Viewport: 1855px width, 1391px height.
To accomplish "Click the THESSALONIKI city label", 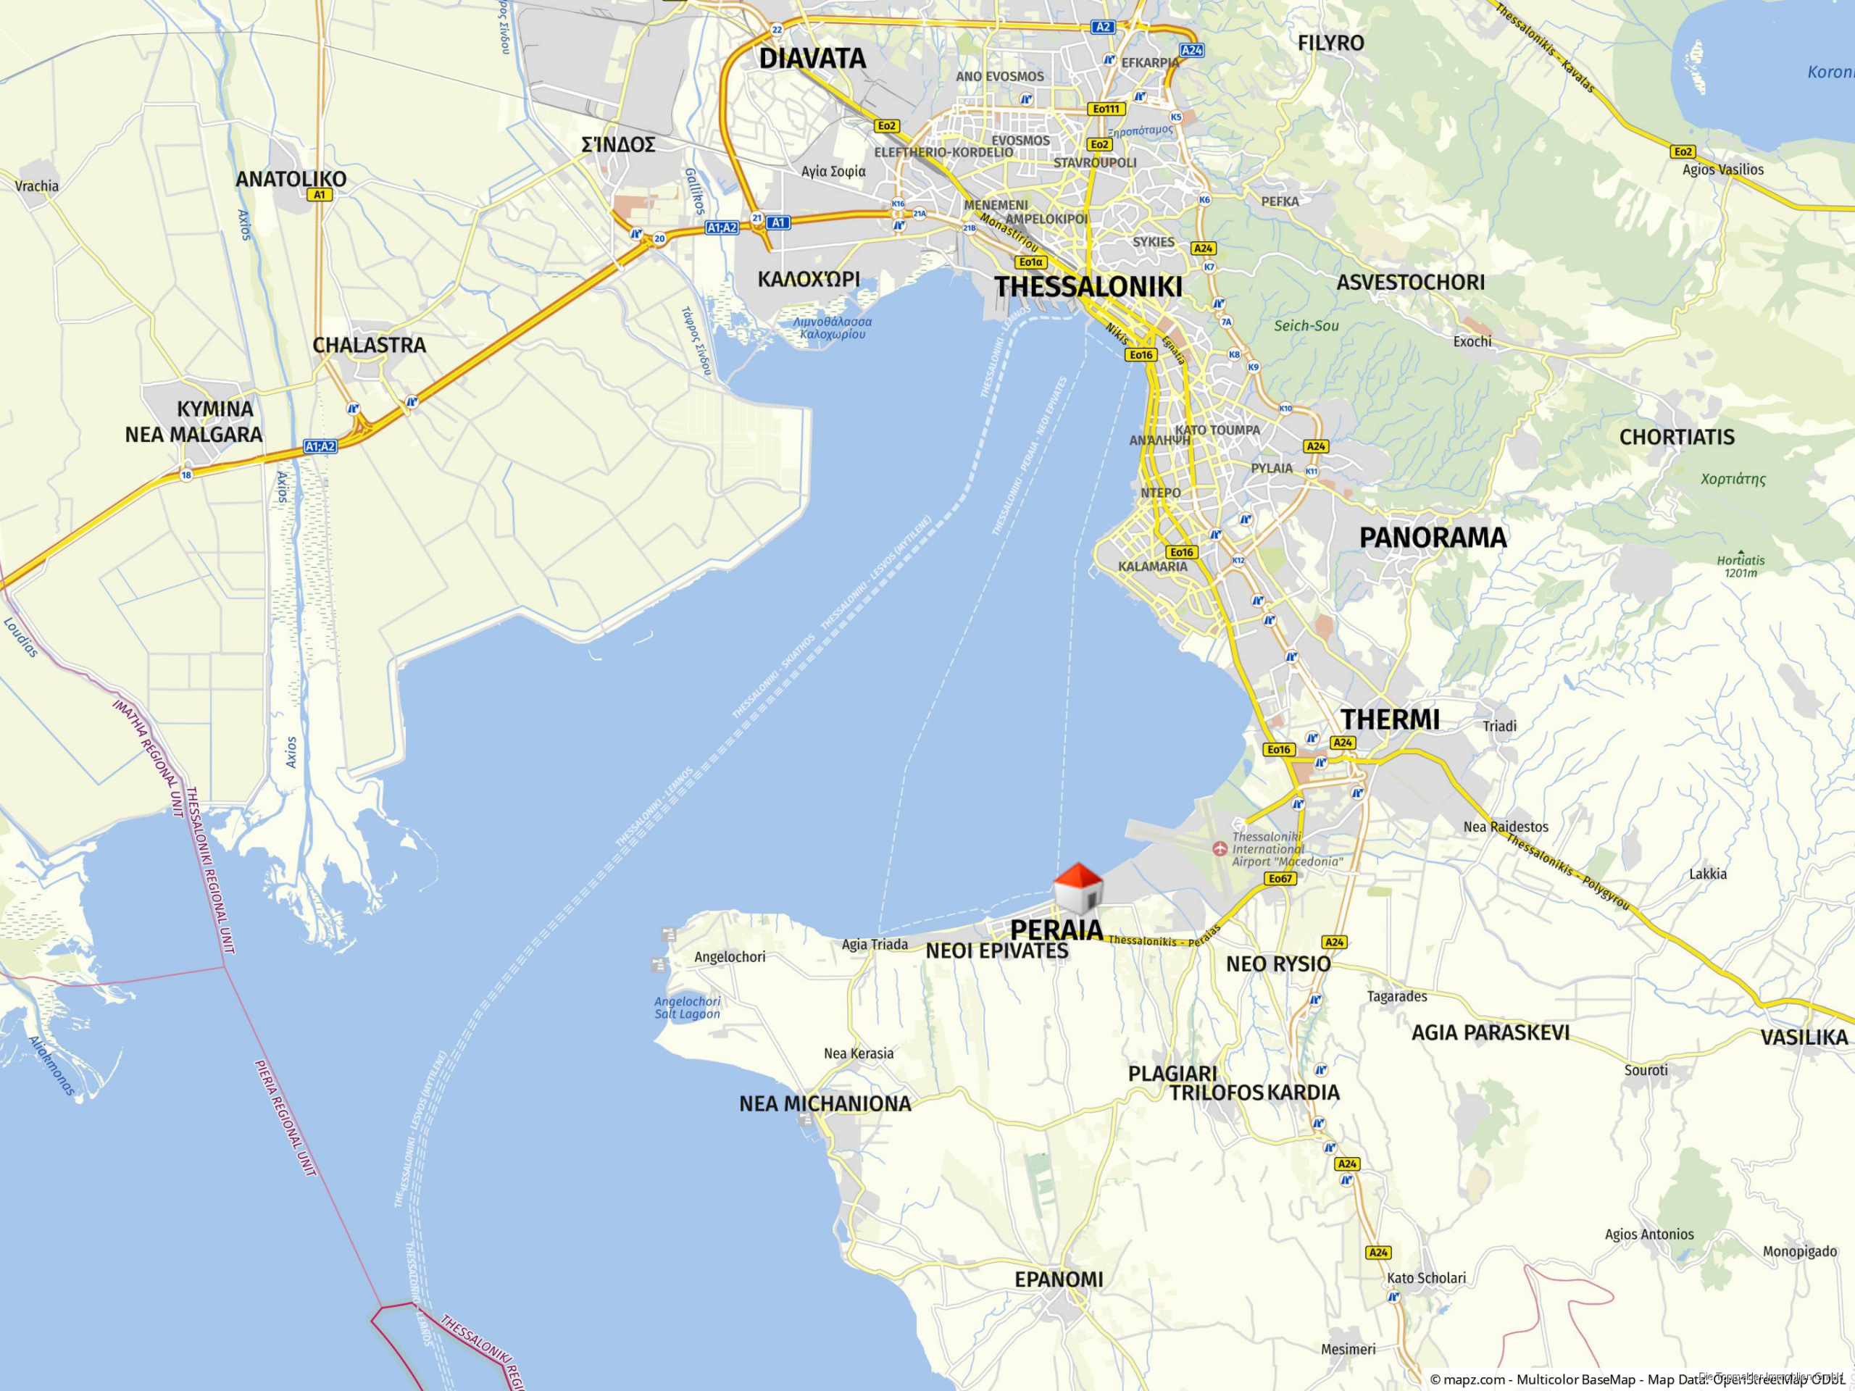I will pos(1088,287).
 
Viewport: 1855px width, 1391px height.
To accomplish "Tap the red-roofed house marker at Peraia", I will pos(1077,887).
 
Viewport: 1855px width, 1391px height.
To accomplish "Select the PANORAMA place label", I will pos(1433,538).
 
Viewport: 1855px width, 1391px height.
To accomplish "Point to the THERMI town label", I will pos(1390,719).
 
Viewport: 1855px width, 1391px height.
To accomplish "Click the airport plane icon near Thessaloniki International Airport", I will pos(1220,848).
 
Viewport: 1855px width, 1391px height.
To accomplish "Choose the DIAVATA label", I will pos(812,59).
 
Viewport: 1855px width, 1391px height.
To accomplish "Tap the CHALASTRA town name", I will pos(369,346).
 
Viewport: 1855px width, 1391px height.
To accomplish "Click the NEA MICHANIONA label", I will pos(825,1103).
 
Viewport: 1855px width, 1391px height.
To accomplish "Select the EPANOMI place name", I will pos(1059,1279).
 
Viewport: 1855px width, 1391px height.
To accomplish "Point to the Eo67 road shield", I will pos(1280,878).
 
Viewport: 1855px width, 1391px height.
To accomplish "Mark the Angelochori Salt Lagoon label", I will pos(687,1007).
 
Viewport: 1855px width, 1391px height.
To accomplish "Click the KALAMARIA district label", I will pos(1152,567).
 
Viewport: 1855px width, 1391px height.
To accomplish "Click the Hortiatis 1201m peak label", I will pos(1740,567).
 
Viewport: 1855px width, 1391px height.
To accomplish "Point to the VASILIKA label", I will pos(1804,1037).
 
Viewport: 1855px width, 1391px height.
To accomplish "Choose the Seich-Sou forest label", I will pos(1306,326).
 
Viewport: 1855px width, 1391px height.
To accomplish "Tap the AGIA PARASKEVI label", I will pos(1491,1033).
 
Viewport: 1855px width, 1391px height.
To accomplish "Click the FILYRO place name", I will pos(1331,43).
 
